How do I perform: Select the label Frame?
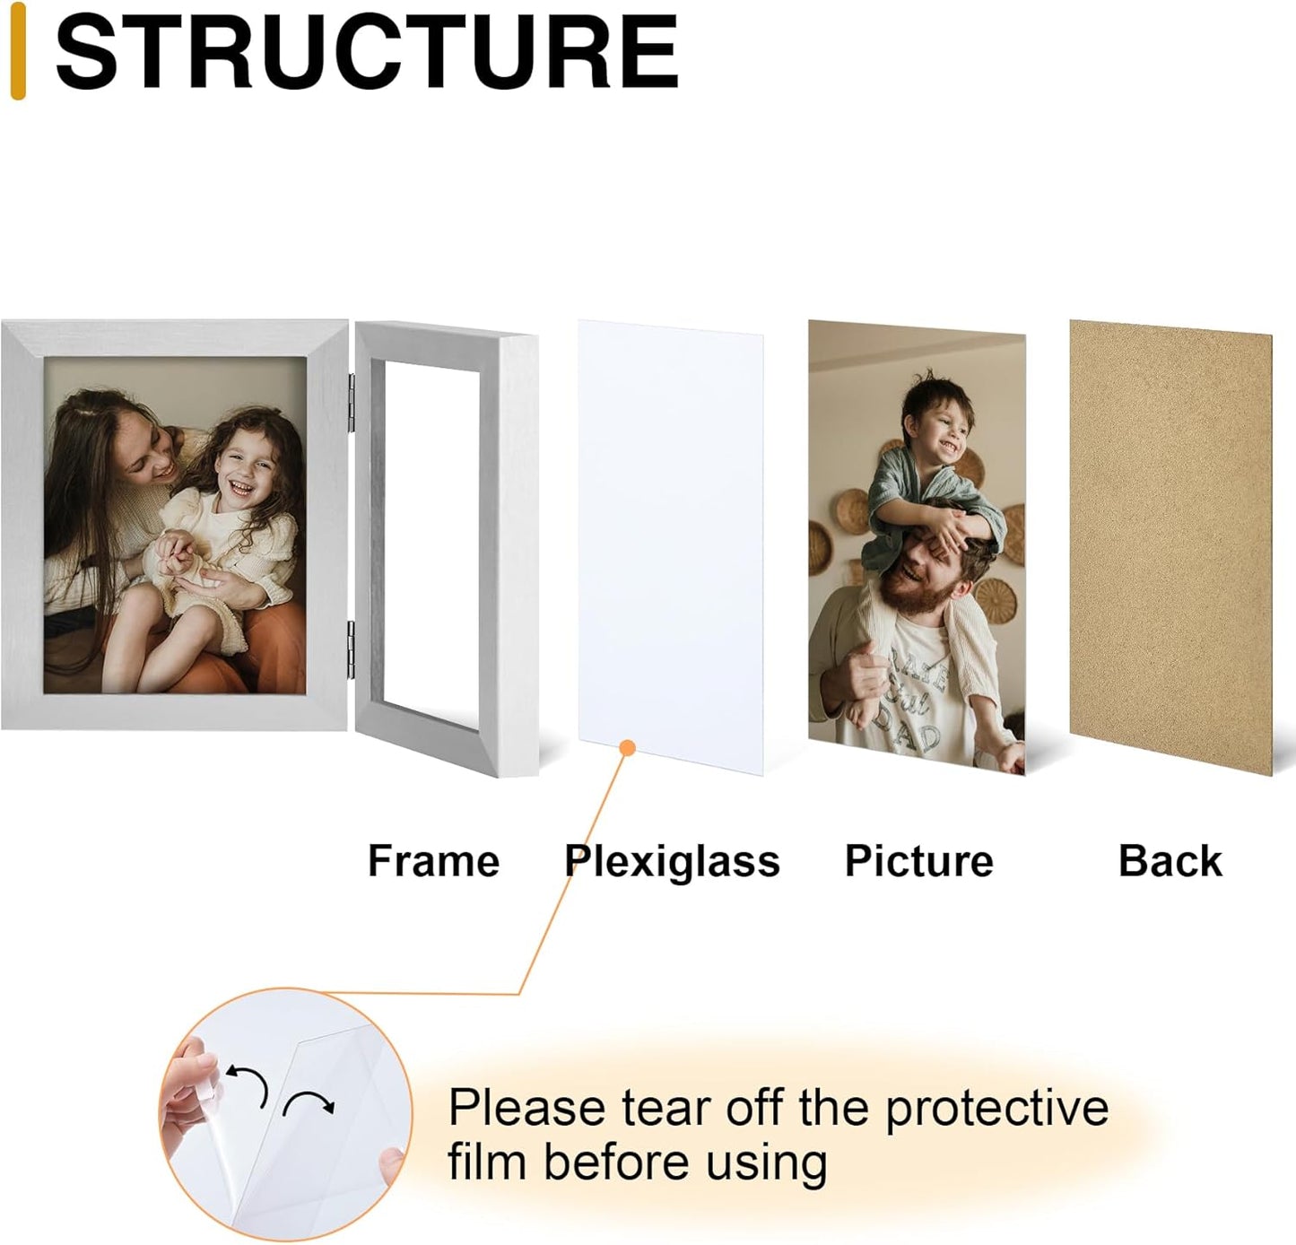coord(433,861)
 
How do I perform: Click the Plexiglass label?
coord(672,861)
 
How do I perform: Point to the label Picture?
coord(918,861)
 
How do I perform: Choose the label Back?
coord(1170,861)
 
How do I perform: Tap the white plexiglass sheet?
coord(670,538)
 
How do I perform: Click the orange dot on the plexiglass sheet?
coord(628,747)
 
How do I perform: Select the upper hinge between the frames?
coord(352,403)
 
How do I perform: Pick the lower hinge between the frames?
coord(352,649)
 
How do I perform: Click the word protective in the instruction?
coord(996,1109)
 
